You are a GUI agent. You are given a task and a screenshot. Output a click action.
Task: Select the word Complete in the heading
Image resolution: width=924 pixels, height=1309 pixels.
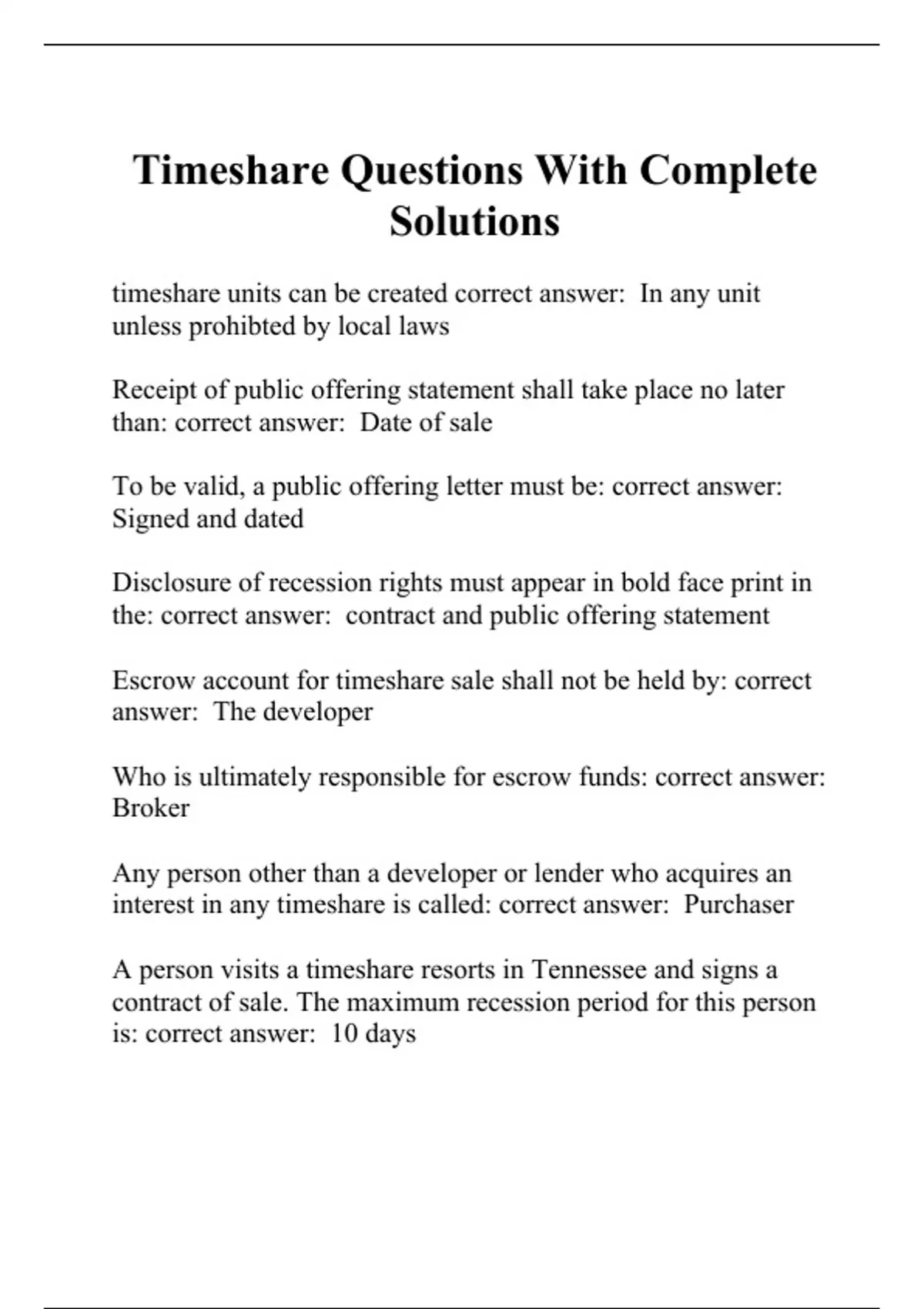tap(728, 170)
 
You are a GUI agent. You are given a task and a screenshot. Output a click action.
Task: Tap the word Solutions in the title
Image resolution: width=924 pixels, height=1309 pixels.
tap(474, 222)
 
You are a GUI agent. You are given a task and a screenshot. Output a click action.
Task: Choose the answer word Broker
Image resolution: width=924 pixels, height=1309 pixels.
tap(151, 808)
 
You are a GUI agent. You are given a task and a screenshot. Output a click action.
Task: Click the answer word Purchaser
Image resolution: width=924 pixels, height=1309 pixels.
tap(738, 904)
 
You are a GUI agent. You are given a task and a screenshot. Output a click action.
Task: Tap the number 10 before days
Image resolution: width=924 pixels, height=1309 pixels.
tap(345, 1033)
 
